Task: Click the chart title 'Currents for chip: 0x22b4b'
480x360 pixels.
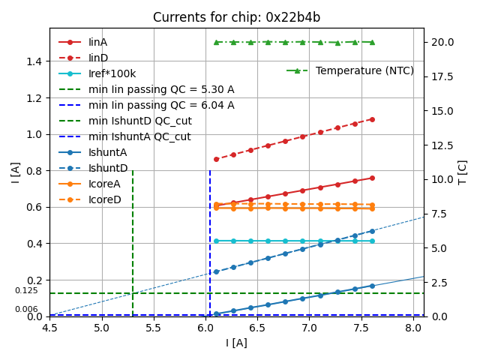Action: click(236, 17)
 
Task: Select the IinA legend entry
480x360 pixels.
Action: click(97, 42)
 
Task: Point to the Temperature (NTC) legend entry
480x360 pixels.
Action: click(364, 70)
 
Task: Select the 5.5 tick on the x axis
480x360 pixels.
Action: click(154, 328)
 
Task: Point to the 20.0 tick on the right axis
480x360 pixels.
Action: click(441, 42)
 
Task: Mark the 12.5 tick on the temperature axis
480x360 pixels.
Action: click(441, 145)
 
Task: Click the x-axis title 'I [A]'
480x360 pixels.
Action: click(236, 343)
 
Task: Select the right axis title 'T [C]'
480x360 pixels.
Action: click(463, 172)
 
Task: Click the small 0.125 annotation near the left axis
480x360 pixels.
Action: click(26, 290)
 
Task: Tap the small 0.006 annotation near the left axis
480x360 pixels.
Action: click(26, 309)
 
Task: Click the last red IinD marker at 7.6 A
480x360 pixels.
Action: click(372, 119)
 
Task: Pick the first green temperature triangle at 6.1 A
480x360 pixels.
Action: click(216, 42)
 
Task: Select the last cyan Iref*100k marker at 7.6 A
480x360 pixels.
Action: click(372, 241)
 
